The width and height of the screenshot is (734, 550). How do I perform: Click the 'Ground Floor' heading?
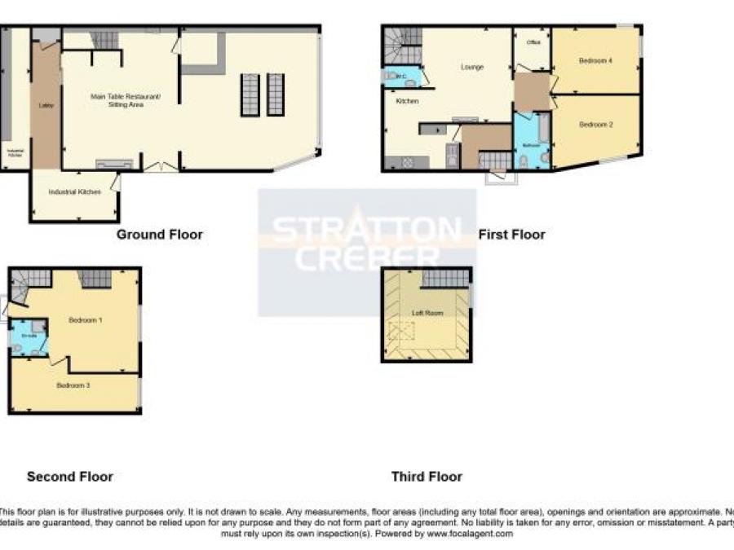pos(159,235)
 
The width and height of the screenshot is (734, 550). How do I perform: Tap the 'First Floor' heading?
pos(511,235)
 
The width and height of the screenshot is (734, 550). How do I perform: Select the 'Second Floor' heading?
pos(70,477)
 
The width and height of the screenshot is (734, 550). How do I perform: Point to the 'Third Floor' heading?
pos(427,477)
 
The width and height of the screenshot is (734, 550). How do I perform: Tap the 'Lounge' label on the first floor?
pos(472,67)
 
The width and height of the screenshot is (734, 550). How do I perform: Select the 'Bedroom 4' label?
pos(595,61)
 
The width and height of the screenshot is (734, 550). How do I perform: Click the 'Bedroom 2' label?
pos(595,125)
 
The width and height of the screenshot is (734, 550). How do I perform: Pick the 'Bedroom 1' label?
pos(85,319)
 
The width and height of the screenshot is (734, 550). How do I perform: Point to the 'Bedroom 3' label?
pos(73,385)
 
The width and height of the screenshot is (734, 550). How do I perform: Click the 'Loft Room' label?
pos(427,313)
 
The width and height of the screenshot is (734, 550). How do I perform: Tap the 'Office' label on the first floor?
pos(534,42)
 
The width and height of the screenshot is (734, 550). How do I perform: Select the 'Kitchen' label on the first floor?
pos(407,101)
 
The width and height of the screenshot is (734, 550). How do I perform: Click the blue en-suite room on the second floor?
pos(29,341)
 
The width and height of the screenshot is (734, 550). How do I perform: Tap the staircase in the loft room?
pos(446,279)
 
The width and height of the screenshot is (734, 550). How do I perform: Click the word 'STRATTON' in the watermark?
pos(366,231)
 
